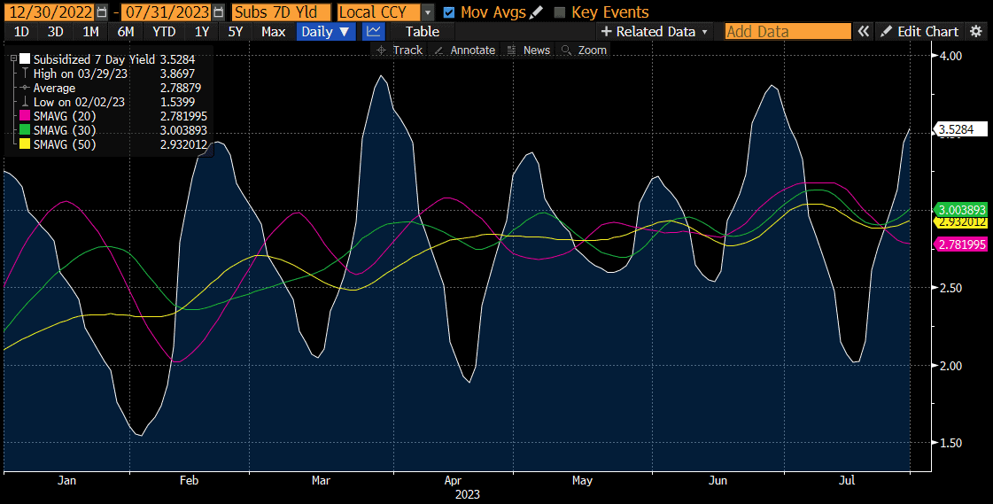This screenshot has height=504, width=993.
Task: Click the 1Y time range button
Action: tap(202, 31)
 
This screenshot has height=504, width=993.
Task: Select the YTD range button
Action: tap(164, 31)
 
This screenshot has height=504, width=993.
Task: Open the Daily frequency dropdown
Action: tap(325, 31)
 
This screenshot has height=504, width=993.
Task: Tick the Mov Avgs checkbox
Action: tap(449, 12)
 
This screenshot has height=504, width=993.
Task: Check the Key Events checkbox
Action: tap(559, 12)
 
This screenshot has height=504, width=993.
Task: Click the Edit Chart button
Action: tap(920, 31)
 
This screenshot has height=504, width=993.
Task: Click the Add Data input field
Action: tap(787, 31)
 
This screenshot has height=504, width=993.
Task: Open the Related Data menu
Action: tap(656, 31)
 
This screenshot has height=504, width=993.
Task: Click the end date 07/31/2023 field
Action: tap(167, 12)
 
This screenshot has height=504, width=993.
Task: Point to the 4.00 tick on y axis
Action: tap(950, 56)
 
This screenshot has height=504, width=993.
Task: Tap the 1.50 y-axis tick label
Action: tap(950, 443)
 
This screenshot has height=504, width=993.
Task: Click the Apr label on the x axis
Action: tap(453, 480)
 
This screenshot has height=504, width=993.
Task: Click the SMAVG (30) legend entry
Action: tap(64, 130)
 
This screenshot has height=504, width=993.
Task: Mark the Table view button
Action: tap(422, 31)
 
